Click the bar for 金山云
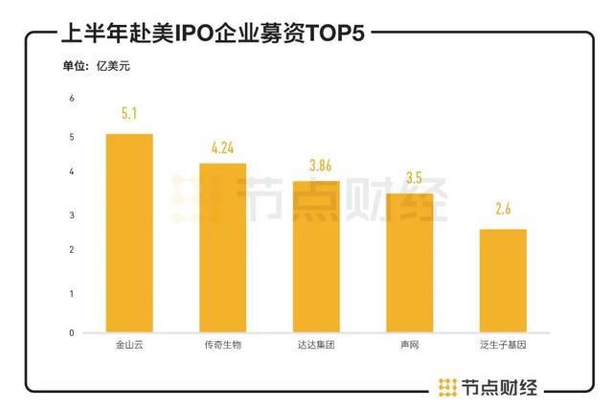129,233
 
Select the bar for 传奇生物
222,248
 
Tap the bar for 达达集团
316,257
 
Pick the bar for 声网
410,263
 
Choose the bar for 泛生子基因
503,281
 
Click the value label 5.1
129,114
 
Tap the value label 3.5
410,178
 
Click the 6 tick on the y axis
71,99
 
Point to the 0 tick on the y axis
71,332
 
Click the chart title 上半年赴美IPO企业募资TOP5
213,34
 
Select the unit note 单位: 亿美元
95,66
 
